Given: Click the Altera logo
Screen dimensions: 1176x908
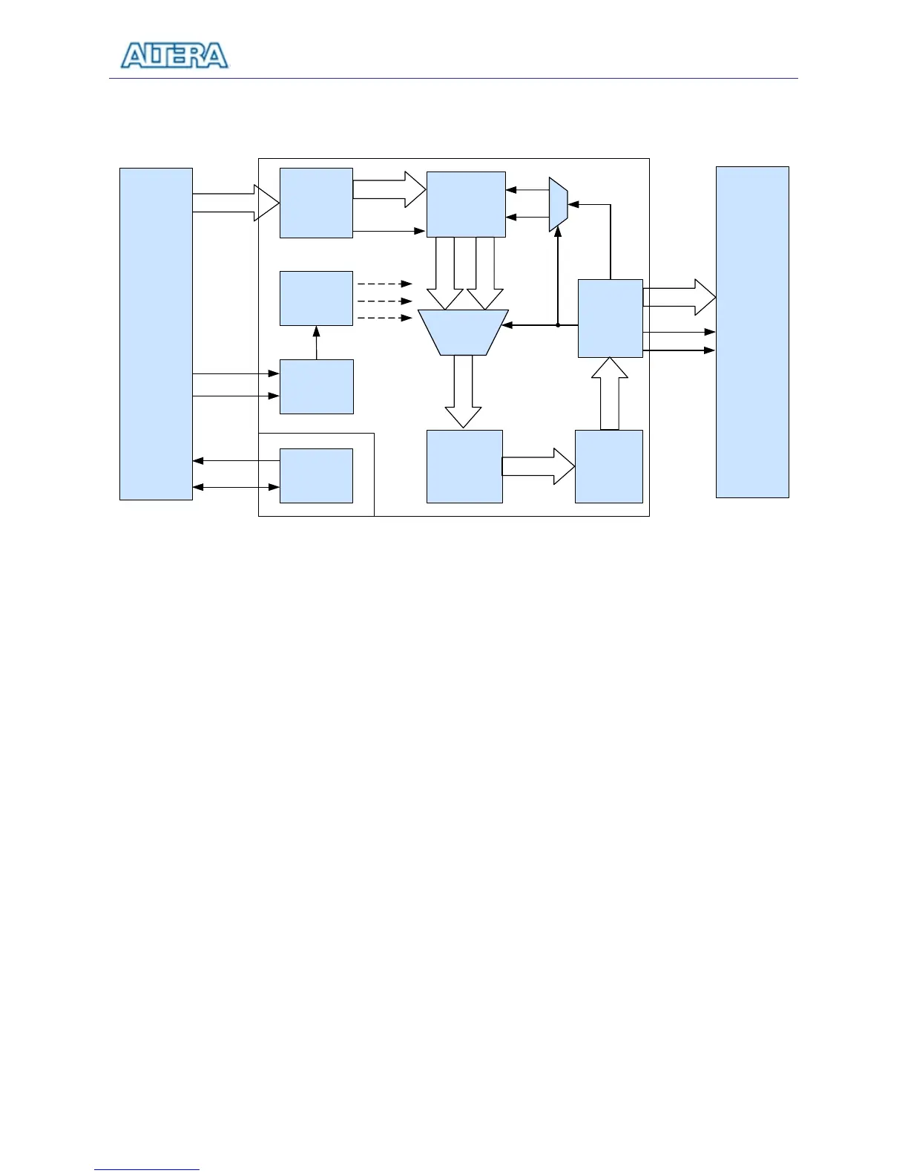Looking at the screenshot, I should [174, 56].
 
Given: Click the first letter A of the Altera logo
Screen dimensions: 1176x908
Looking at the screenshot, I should [134, 56].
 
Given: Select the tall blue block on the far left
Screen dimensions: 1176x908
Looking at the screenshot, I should [156, 333].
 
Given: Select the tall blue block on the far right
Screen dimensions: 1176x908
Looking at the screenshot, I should [751, 332].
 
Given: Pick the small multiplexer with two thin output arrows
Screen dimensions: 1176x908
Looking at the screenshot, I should [558, 204].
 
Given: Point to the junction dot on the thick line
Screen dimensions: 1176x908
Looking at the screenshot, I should [558, 325].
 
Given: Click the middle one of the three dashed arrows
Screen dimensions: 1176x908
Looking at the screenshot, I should [384, 301].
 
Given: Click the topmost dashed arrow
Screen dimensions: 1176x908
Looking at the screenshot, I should [384, 284].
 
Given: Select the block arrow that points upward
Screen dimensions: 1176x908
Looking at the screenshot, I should [610, 393].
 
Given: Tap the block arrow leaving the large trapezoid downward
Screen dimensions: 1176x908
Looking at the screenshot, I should [463, 392].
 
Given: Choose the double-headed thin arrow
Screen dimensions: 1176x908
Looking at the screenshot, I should [236, 487].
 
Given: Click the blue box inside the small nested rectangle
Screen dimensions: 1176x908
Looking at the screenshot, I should [316, 475].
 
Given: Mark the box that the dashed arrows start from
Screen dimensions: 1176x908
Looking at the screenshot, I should [316, 298].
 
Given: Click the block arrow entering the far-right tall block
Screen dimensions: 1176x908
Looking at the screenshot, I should [680, 297].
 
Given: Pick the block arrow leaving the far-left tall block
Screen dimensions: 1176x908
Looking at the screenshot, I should [236, 203].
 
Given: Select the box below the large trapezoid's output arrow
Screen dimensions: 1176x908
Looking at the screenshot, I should [464, 466].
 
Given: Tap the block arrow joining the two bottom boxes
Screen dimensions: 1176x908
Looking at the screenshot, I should [539, 466].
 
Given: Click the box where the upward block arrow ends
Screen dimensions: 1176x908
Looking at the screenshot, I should [610, 318].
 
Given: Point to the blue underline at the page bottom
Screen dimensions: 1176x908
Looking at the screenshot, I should [147, 1169].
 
